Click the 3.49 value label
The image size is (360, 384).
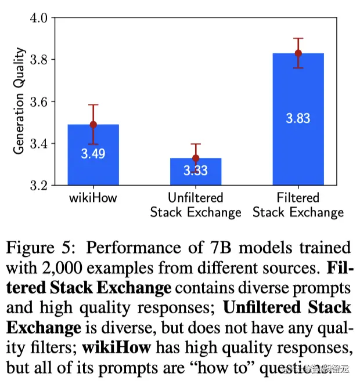point(93,154)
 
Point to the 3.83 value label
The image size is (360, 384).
point(298,118)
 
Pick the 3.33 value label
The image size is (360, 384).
point(196,171)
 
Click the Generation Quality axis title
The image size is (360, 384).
point(20,101)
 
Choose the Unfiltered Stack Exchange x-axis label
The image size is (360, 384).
point(196,205)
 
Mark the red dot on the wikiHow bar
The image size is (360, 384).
point(93,124)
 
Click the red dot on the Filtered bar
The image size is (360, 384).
point(298,53)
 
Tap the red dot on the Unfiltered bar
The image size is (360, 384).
point(196,158)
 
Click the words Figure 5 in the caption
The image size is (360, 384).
point(43,249)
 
